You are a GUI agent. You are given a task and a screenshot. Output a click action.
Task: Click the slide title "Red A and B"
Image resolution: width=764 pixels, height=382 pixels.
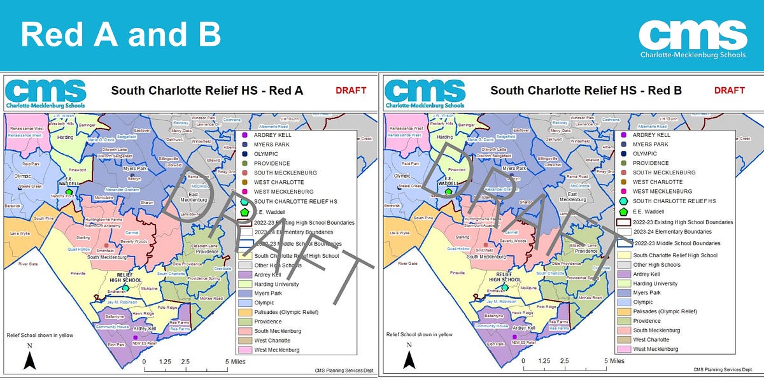(x=121, y=36)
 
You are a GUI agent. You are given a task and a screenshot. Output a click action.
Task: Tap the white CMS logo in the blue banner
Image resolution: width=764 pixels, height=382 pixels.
(x=692, y=36)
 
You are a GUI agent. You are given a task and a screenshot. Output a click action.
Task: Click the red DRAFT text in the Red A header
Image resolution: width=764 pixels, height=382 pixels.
(x=351, y=90)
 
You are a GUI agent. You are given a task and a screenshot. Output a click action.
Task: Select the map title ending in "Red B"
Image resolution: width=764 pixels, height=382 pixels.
(x=586, y=90)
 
